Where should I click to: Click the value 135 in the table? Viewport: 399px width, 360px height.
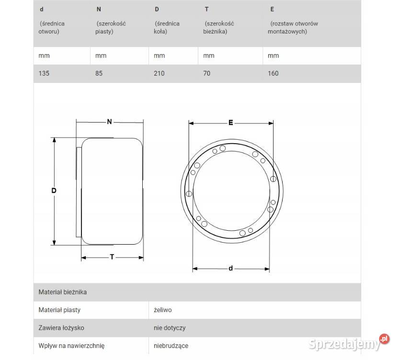coord(44,73)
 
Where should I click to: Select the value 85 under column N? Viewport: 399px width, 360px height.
coord(99,73)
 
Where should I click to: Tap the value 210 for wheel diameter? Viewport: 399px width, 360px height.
coord(159,73)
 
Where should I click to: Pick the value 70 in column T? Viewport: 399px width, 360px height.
coord(206,73)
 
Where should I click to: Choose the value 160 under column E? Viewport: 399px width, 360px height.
coord(273,73)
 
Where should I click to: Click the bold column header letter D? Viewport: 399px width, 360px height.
coord(157,10)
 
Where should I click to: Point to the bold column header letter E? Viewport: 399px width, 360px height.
coord(272,10)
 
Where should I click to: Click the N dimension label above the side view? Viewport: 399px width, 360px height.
coord(109,122)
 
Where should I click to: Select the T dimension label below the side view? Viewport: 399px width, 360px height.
coord(112,257)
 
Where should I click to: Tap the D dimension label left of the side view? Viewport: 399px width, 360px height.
coord(54,191)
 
